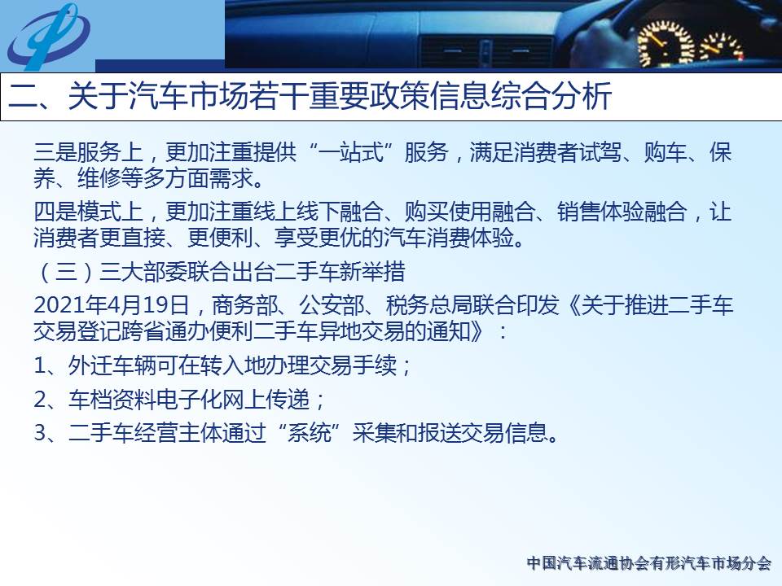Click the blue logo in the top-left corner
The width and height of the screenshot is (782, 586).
pyautogui.click(x=48, y=36)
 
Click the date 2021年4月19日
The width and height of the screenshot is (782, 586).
pyautogui.click(x=112, y=305)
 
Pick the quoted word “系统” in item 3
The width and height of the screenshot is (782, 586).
pyautogui.click(x=310, y=432)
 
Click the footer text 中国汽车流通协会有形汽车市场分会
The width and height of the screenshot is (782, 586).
pyautogui.click(x=649, y=563)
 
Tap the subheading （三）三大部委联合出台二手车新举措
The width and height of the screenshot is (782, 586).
pyautogui.click(x=219, y=272)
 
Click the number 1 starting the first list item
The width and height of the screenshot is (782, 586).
pyautogui.click(x=40, y=365)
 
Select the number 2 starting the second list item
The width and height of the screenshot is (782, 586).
pyautogui.click(x=40, y=400)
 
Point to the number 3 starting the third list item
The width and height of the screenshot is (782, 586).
pyautogui.click(x=40, y=432)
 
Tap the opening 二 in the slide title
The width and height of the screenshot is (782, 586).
pyautogui.click(x=23, y=96)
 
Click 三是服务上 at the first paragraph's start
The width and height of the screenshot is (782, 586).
pyautogui.click(x=88, y=152)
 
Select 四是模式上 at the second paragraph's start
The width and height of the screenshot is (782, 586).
pyautogui.click(x=88, y=212)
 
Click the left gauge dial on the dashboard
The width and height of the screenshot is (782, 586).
pyautogui.click(x=665, y=43)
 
